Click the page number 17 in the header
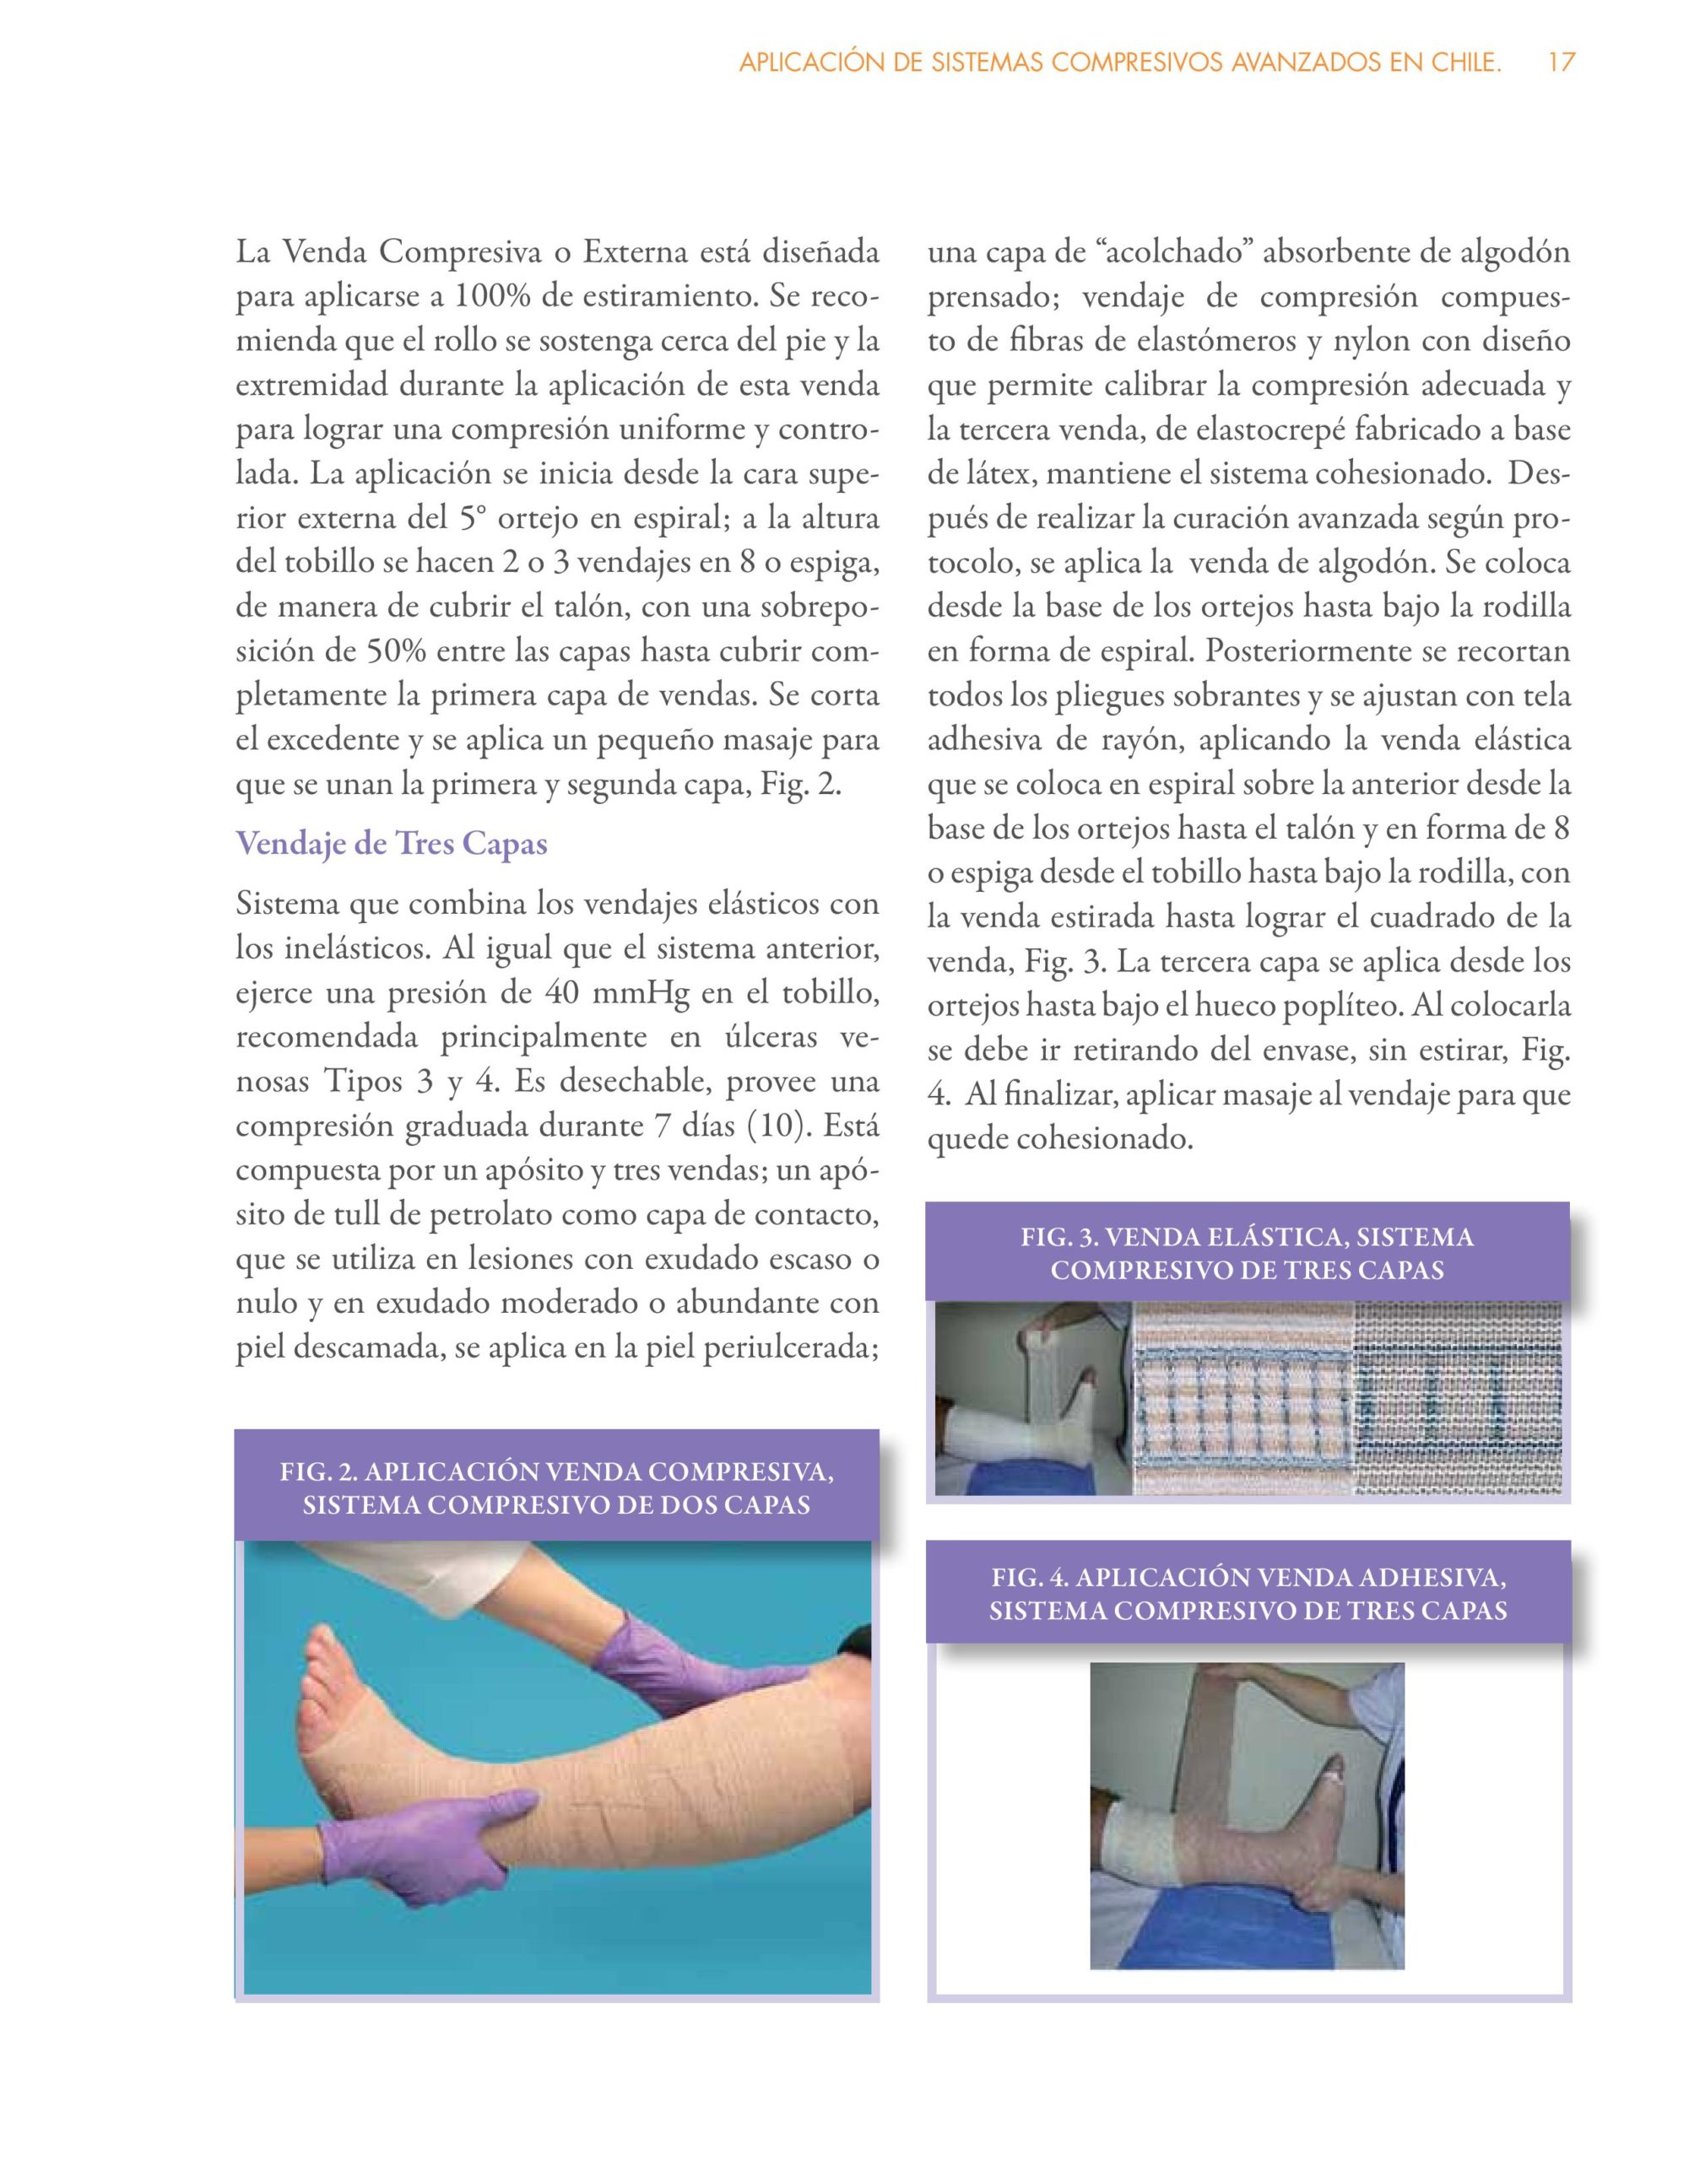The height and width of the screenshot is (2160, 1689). pos(1561,63)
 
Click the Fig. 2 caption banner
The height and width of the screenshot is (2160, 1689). pos(556,1488)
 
